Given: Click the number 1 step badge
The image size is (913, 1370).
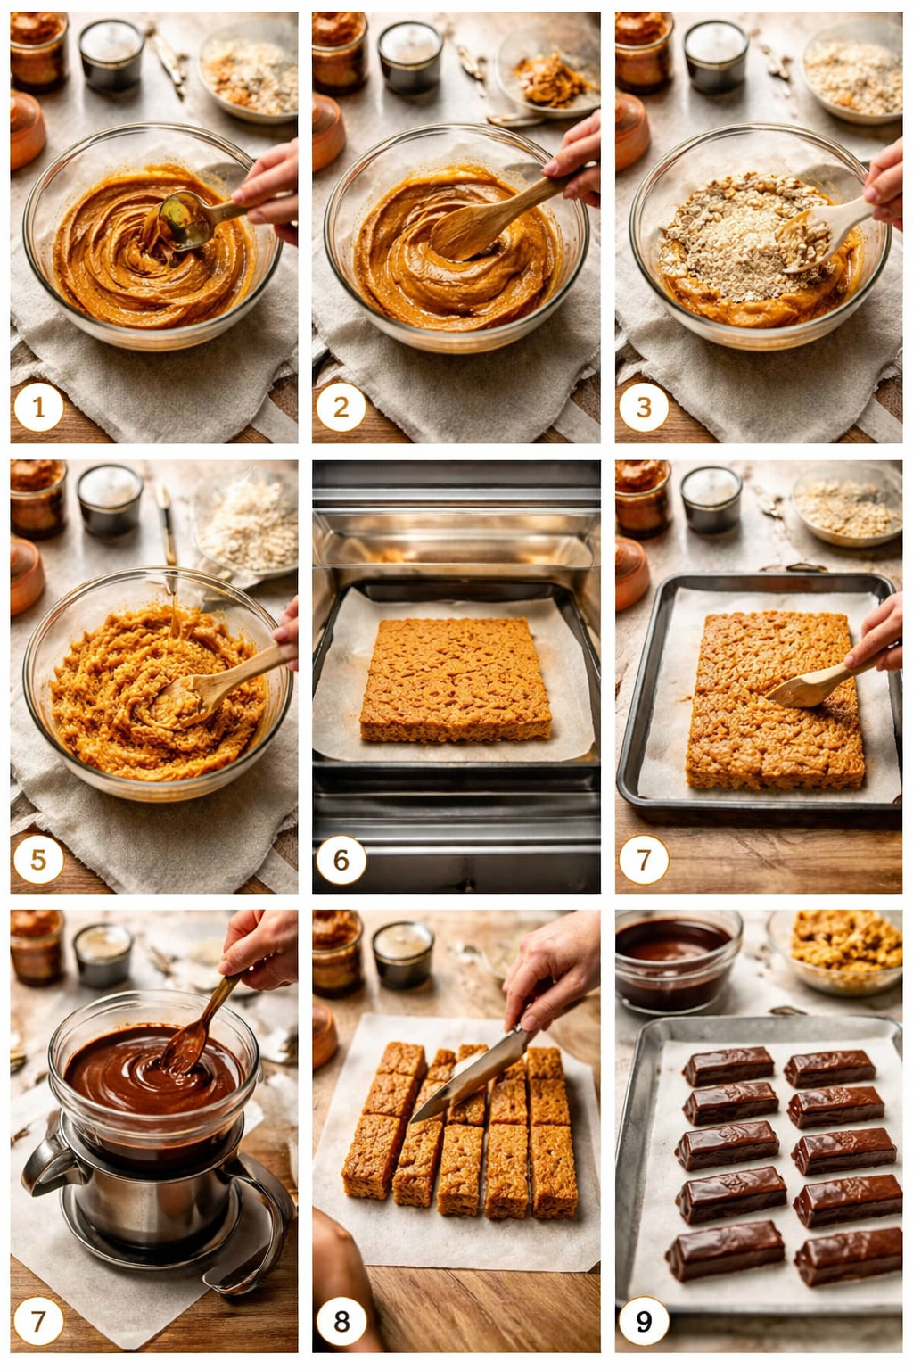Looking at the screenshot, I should tap(38, 408).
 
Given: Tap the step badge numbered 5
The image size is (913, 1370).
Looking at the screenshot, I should tap(38, 860).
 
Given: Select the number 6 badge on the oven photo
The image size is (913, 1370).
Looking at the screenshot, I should tap(341, 860).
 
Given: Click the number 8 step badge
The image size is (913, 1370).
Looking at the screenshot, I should tap(341, 1321).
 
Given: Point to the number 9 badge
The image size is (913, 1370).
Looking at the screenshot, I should tap(644, 1321).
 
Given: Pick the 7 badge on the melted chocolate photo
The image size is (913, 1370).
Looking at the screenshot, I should tap(38, 1321).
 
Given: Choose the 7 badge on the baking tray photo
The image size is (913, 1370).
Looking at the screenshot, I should tap(644, 860).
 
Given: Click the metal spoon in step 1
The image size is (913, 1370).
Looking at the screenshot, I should tap(185, 220).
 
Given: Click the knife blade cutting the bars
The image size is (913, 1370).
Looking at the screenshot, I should tap(464, 1075).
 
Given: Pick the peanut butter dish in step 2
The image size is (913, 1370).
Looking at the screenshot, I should tap(546, 78).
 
